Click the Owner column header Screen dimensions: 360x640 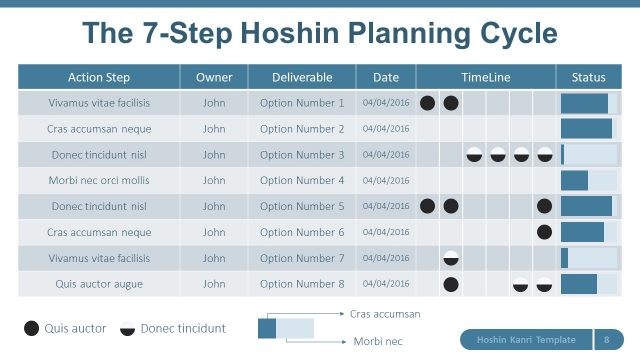214,77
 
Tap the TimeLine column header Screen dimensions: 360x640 486,77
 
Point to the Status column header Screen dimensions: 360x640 588,77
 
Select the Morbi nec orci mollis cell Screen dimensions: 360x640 99,181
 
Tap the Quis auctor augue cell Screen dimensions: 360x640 99,284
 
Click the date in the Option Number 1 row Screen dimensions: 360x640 386,103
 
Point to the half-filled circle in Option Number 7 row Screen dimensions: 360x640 451,258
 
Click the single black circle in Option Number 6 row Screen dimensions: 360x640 544,232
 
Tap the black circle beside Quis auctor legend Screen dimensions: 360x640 32,328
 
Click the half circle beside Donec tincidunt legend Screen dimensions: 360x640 128,328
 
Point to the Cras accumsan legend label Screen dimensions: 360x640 385,314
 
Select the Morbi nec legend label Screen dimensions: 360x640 378,341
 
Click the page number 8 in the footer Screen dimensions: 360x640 608,339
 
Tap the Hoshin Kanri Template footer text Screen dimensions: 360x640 526,339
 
